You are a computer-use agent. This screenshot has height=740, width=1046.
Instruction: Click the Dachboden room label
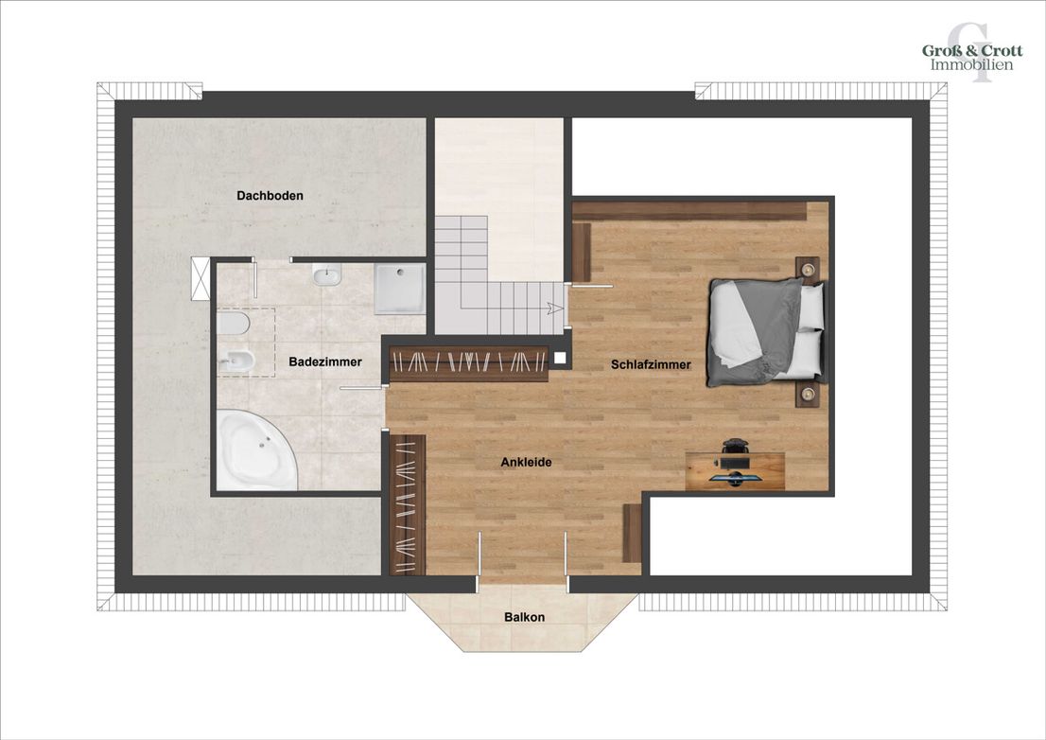point(270,196)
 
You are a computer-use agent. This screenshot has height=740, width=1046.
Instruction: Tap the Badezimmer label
point(325,361)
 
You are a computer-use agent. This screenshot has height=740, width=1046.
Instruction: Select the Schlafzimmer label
point(651,364)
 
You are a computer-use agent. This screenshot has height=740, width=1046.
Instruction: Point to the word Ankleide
point(527,462)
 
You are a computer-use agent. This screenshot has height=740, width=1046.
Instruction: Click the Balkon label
point(524,617)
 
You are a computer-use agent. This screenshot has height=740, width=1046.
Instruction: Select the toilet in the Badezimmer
point(234,324)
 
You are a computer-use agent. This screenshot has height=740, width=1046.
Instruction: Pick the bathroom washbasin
point(327,274)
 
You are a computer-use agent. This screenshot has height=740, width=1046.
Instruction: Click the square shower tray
point(400,289)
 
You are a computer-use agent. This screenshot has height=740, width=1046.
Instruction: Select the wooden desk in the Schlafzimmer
point(735,471)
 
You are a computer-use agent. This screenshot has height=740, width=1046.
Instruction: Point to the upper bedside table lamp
point(809,269)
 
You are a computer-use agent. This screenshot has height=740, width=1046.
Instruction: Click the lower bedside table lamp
point(809,395)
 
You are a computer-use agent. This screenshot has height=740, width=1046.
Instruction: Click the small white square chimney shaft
point(560,359)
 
